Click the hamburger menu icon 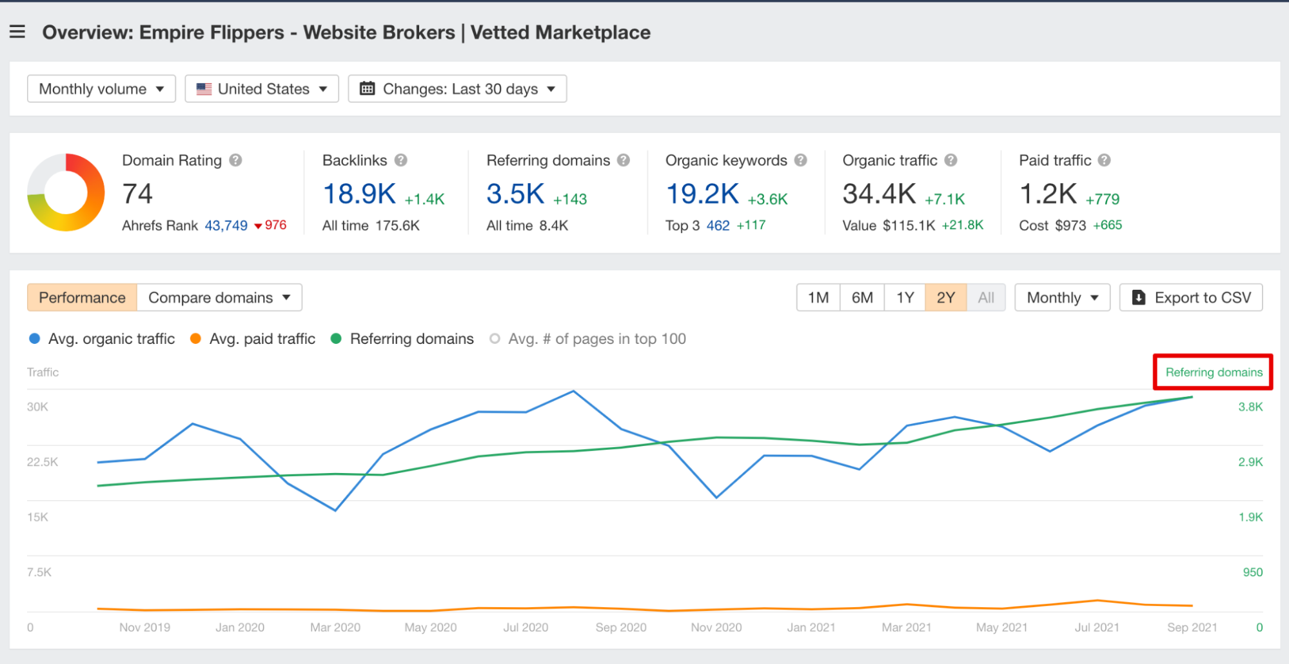point(17,32)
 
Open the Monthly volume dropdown point(101,89)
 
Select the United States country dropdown point(262,89)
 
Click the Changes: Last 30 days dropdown point(457,89)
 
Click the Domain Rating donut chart point(66,192)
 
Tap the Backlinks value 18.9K point(359,194)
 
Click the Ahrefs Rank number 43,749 point(226,225)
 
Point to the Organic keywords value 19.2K point(702,194)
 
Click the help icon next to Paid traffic point(1104,160)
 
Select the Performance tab point(82,297)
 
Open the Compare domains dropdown point(219,297)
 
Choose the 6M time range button point(861,297)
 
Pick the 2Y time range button point(945,297)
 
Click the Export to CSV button point(1191,297)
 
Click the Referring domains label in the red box point(1213,372)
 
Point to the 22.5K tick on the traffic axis point(42,462)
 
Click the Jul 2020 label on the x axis point(526,627)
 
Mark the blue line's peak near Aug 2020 point(573,391)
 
